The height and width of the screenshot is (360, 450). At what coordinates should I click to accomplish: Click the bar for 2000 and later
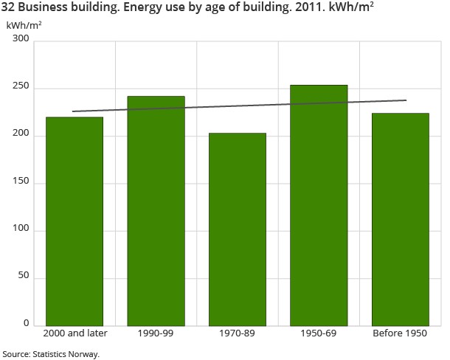75,221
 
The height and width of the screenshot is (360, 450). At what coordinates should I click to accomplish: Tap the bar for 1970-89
238,229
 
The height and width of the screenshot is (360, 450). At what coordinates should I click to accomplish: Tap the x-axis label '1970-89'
238,333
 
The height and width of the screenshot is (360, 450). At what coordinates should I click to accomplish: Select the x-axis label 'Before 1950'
400,333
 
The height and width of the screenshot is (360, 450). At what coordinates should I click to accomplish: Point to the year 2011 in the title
308,9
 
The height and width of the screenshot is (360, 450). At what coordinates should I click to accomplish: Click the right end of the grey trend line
406,100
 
